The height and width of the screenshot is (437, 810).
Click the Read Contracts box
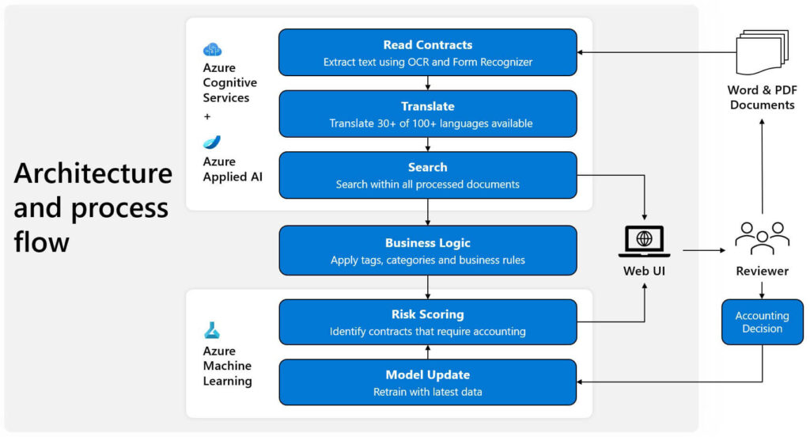pos(428,52)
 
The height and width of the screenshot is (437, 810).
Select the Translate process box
pos(428,114)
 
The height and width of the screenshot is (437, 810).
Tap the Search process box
pos(428,175)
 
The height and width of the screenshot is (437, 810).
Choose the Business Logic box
pos(428,250)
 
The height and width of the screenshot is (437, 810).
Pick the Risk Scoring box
pos(428,322)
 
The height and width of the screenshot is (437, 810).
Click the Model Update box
pos(428,382)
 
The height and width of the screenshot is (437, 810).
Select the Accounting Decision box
pos(762,321)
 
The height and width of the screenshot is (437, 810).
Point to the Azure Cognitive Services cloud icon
pos(212,49)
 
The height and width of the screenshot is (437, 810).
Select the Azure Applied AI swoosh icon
pos(212,142)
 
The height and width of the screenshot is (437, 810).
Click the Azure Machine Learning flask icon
pos(212,330)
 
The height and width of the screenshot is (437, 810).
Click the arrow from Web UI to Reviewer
pos(703,250)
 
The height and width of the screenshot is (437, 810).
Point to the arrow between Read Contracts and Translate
pos(428,83)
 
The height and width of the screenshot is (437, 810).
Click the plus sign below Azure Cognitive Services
pos(207,116)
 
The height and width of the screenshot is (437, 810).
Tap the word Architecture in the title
pos(93,173)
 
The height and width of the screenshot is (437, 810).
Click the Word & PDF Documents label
pos(762,97)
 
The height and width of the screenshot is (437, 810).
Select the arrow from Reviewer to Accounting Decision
pos(762,289)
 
